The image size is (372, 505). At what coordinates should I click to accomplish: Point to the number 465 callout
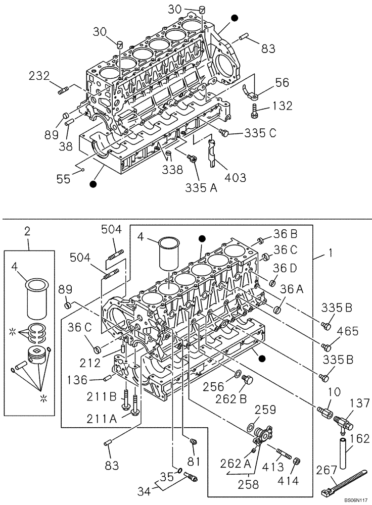coord(348,331)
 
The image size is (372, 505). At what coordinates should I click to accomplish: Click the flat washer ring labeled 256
coord(237,376)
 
